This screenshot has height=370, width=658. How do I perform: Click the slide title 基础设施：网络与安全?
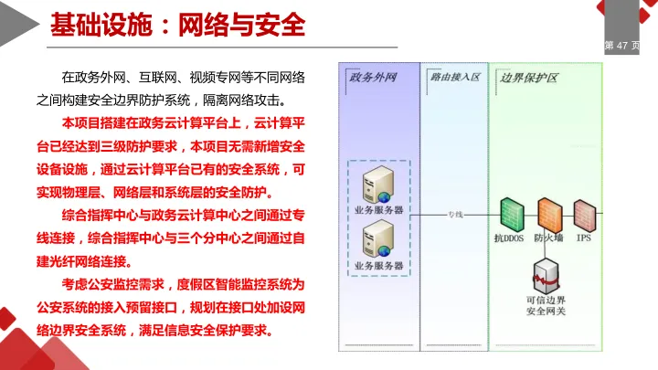click(x=177, y=24)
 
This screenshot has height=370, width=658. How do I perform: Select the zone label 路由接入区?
click(x=453, y=77)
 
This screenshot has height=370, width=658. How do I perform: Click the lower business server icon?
click(x=377, y=240)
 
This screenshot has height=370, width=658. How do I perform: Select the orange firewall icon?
click(x=548, y=214)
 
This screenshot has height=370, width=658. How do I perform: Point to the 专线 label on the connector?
click(x=455, y=215)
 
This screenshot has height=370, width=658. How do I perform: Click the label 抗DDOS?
click(x=508, y=238)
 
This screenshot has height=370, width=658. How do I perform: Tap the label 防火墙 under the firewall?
click(x=549, y=238)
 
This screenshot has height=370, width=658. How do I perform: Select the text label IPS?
click(x=584, y=238)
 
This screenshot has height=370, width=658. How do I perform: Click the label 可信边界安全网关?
click(x=547, y=305)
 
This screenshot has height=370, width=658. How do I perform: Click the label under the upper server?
click(x=377, y=210)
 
